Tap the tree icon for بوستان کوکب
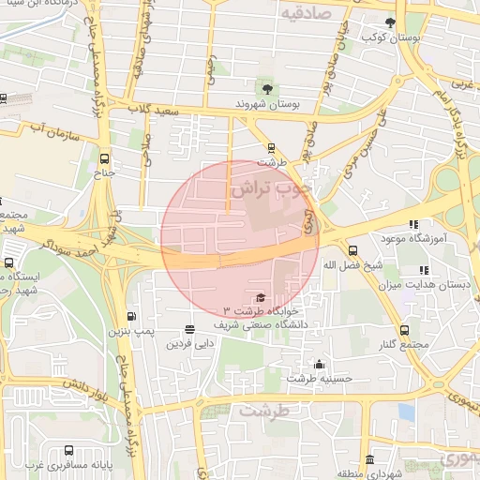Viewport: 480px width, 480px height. point(390,22)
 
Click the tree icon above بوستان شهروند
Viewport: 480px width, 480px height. point(269,89)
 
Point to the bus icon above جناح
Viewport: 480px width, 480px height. point(104,157)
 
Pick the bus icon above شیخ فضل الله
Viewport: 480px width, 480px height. point(352,250)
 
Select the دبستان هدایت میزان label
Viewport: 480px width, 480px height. point(432,283)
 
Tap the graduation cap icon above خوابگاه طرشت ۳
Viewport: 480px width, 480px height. point(260,297)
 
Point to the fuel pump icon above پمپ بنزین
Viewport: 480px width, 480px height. point(130,316)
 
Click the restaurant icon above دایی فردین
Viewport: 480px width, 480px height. point(190,329)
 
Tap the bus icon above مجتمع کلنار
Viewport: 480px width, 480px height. point(404,330)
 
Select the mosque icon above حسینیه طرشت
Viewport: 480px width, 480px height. point(320,365)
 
